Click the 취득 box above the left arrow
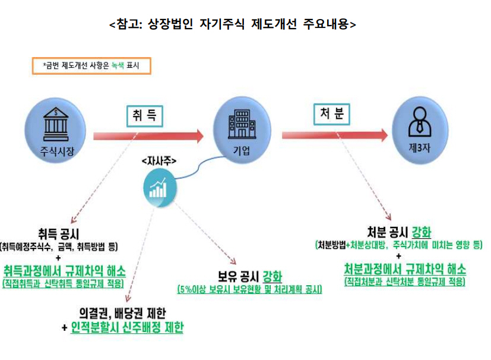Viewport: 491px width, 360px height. pyautogui.click(x=144, y=115)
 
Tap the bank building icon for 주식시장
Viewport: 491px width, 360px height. pyautogui.click(x=52, y=122)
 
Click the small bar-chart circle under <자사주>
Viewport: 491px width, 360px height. pyautogui.click(x=159, y=188)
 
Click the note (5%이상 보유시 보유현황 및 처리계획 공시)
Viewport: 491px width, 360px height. pyautogui.click(x=249, y=290)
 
